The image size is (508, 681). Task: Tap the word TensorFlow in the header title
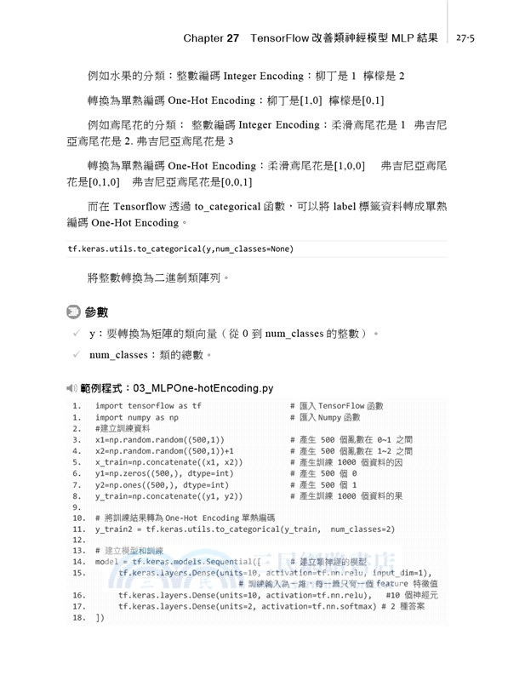pos(288,38)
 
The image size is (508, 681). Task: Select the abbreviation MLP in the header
pos(398,38)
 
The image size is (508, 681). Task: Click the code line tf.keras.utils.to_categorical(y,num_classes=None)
pos(180,249)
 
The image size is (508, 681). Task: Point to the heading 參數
pos(96,312)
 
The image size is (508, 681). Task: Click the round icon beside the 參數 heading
pos(73,312)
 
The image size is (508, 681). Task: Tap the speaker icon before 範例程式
pos(71,387)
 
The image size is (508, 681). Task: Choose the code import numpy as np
pos(136,417)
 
